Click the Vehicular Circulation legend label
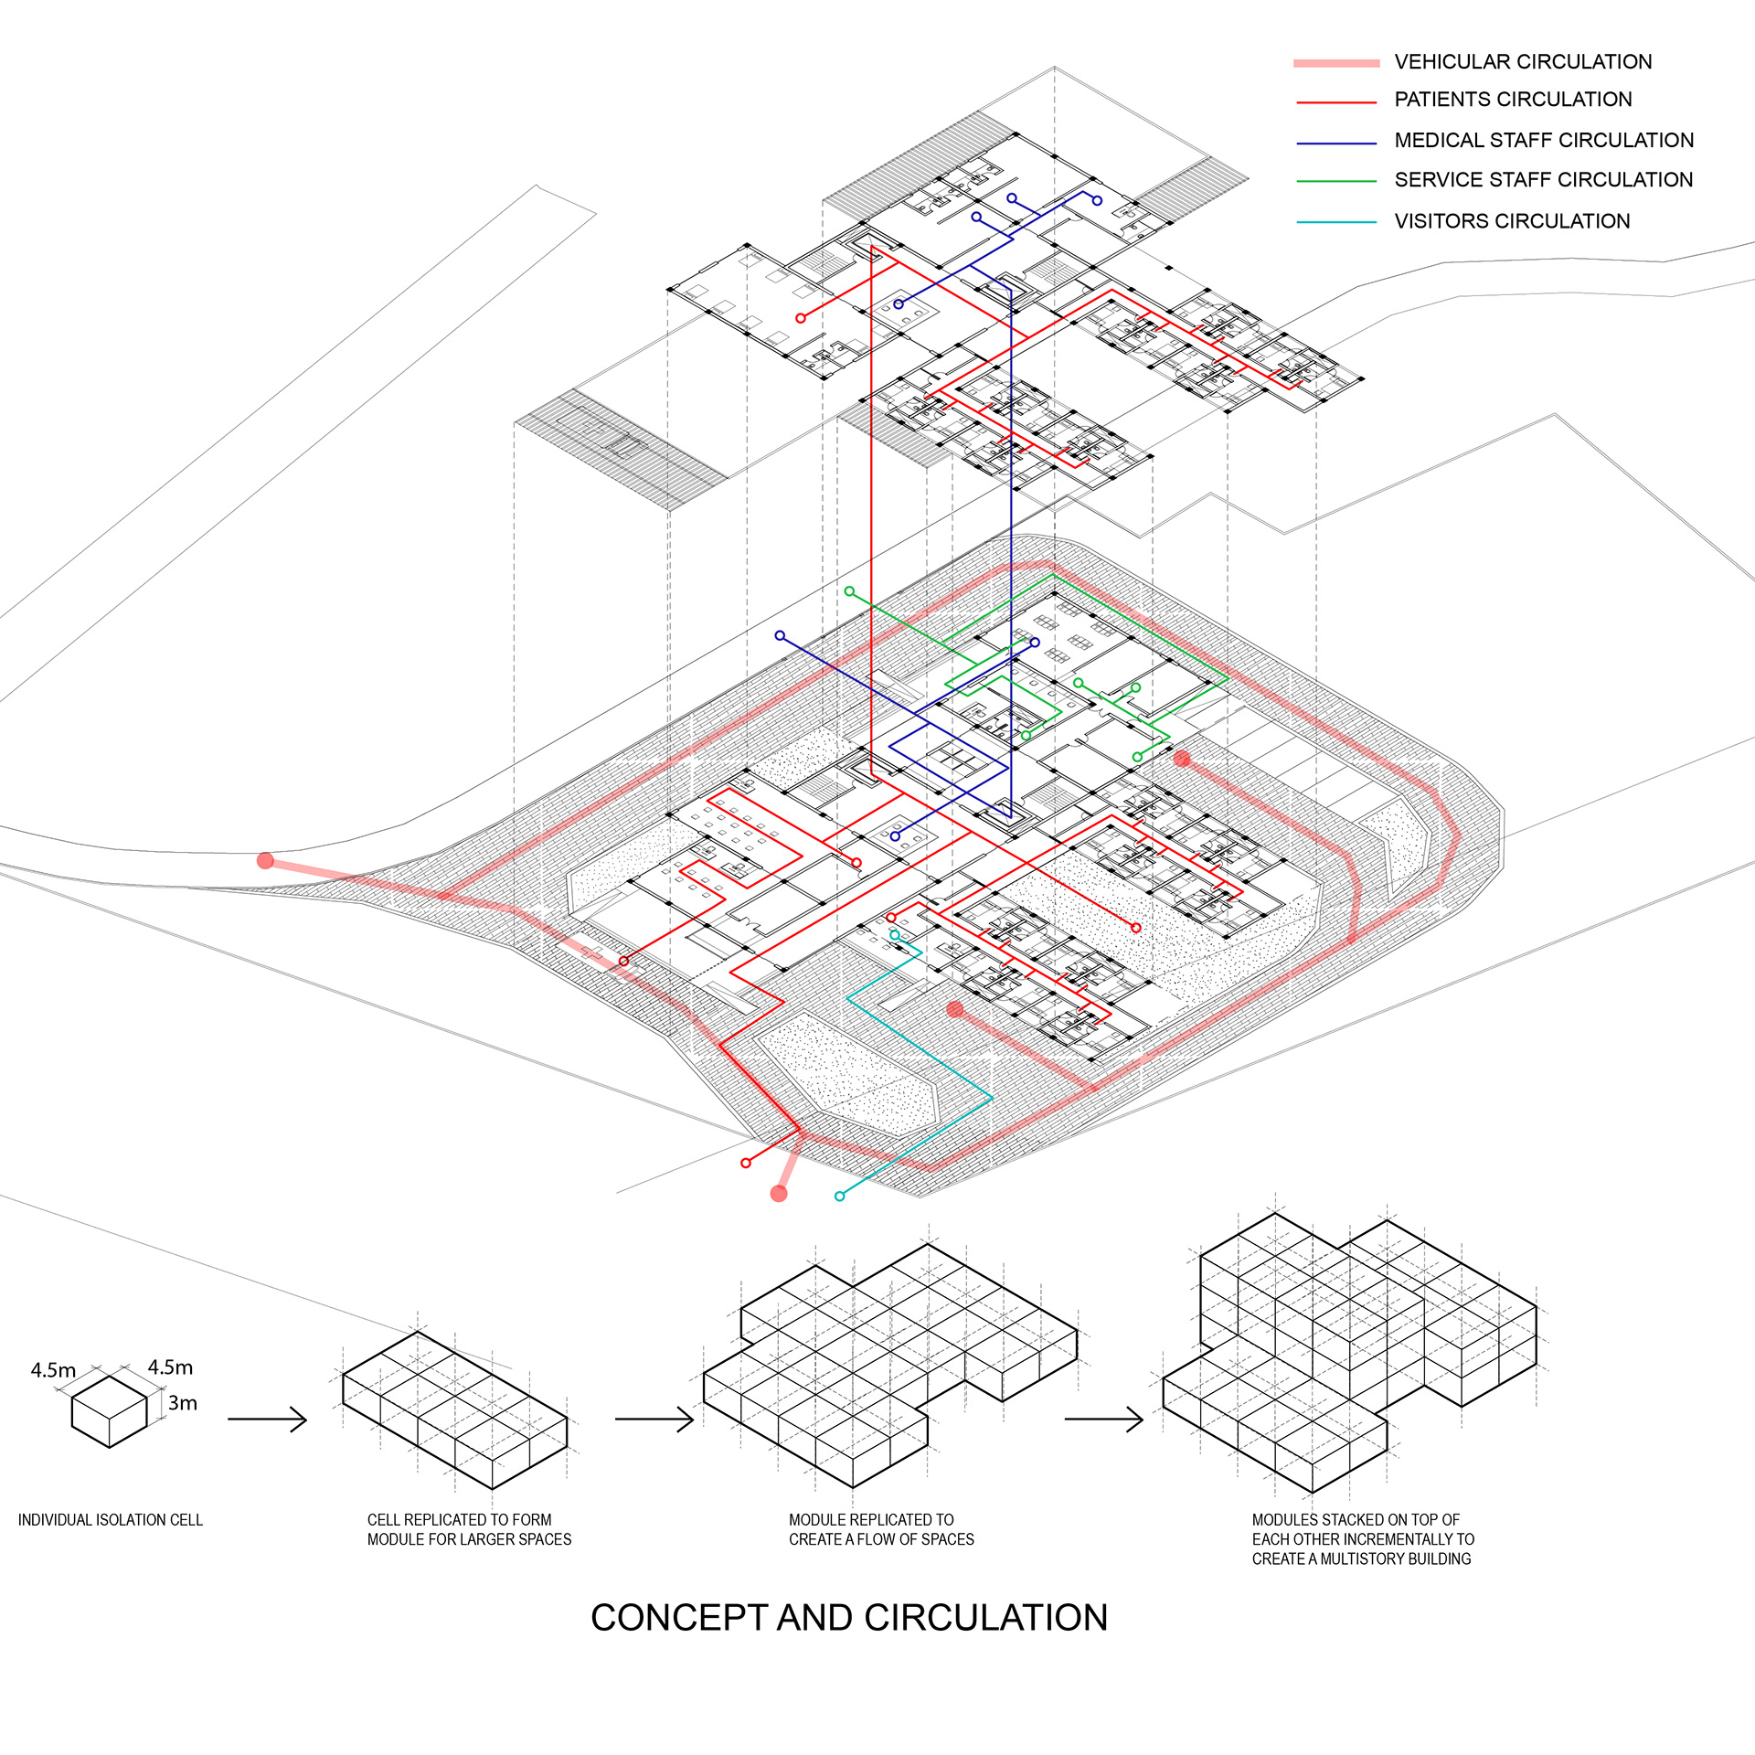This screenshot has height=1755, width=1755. (x=1523, y=62)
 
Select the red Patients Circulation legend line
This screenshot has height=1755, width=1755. (x=1336, y=102)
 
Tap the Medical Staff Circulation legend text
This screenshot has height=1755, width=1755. (x=1544, y=140)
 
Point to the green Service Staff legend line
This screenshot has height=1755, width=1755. (x=1336, y=181)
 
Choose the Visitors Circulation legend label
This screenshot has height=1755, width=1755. (x=1512, y=221)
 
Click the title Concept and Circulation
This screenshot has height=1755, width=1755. (x=849, y=1618)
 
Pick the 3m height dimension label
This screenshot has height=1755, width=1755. (x=183, y=1403)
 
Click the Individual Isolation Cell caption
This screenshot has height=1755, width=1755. (x=111, y=1520)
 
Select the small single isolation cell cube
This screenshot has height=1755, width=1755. (x=110, y=1411)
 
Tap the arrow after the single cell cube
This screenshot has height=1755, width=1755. (x=267, y=1419)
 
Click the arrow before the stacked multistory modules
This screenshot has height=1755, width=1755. (x=1103, y=1419)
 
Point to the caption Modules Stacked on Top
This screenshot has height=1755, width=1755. (x=1362, y=1539)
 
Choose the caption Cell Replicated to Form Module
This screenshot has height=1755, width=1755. (x=469, y=1529)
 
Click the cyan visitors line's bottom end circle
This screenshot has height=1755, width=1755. (x=839, y=1196)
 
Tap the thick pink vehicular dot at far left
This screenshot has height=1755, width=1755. (x=266, y=860)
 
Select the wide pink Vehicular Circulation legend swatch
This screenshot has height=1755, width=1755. (x=1336, y=63)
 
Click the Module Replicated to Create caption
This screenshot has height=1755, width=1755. (x=881, y=1529)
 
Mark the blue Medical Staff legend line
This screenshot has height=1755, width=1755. (x=1336, y=144)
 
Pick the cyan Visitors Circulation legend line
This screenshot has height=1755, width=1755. (x=1336, y=222)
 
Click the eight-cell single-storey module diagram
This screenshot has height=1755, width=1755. (x=454, y=1408)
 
